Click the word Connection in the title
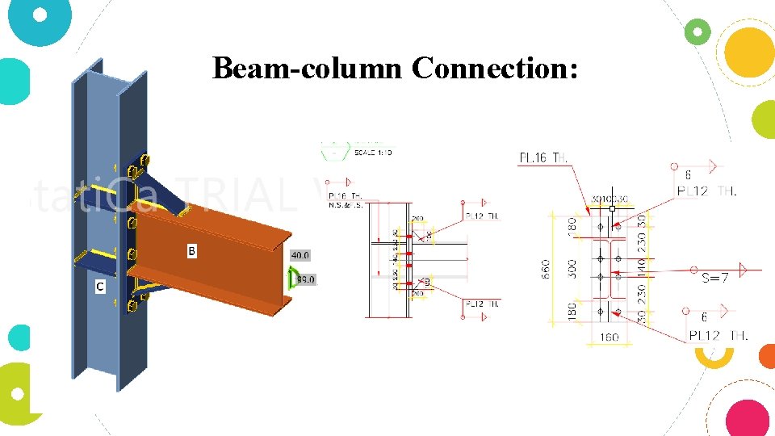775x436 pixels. tap(494, 69)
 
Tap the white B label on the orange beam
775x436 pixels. tap(192, 252)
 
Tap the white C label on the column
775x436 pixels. tap(99, 286)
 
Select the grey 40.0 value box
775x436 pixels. tap(300, 255)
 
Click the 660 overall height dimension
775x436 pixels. tap(546, 269)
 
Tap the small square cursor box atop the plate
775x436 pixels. tap(612, 208)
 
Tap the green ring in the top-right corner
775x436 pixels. tap(697, 32)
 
